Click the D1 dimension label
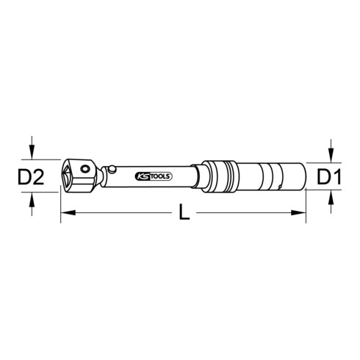tap(329, 177)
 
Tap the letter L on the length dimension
tap(183, 215)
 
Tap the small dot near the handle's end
tap(286, 187)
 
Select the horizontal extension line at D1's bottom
tap(320, 191)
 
